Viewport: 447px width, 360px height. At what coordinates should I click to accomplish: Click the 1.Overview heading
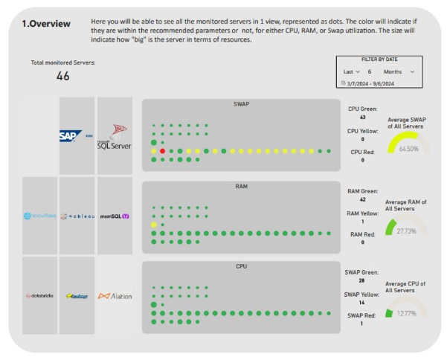coord(46,24)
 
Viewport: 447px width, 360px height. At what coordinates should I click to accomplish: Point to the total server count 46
coord(63,75)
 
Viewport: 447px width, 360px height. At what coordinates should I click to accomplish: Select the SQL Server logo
coord(115,135)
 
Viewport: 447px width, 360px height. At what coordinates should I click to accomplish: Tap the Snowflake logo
coord(39,216)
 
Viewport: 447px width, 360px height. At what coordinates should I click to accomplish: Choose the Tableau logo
coord(77,216)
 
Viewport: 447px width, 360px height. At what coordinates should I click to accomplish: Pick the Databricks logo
coord(39,295)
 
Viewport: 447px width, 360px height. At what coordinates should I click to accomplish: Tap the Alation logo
coord(115,295)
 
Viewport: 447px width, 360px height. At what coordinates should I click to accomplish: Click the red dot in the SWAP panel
coord(163,151)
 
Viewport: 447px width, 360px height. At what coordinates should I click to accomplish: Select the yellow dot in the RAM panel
coord(154,224)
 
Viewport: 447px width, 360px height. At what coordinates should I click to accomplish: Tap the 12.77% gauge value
coord(407,312)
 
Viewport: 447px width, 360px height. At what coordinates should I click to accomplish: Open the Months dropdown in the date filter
coord(399,71)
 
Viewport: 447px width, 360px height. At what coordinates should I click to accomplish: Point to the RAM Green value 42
coord(361,199)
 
